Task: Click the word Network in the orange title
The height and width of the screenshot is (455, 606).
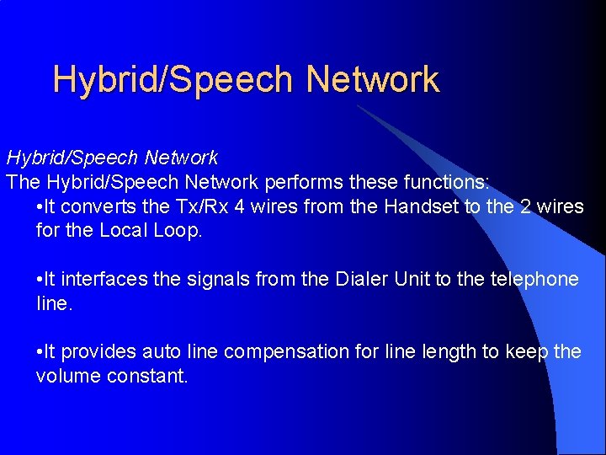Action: pyautogui.click(x=373, y=79)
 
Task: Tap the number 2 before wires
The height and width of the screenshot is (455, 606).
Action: pyautogui.click(x=527, y=206)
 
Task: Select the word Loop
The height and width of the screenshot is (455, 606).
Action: pyautogui.click(x=176, y=230)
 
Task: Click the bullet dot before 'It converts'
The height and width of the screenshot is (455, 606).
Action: pyautogui.click(x=40, y=207)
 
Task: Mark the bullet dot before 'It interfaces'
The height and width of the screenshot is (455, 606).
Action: pyautogui.click(x=40, y=280)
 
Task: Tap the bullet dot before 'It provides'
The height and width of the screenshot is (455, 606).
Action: pyautogui.click(x=40, y=352)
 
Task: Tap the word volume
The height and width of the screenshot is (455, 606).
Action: pyautogui.click(x=68, y=376)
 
